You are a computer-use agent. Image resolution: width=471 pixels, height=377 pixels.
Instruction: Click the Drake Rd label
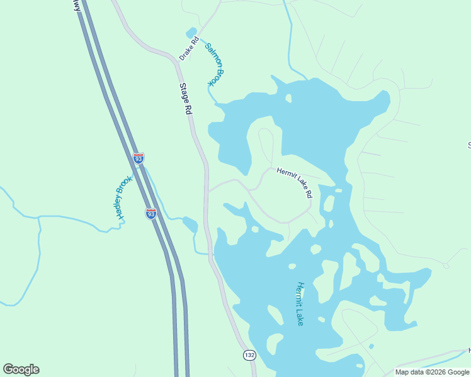[x=189, y=49]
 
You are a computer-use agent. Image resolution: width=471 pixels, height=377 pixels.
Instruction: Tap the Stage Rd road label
[x=185, y=99]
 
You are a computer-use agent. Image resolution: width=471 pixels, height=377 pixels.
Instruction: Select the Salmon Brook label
[x=215, y=64]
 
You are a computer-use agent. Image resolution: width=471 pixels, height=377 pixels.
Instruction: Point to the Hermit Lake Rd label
[x=294, y=183]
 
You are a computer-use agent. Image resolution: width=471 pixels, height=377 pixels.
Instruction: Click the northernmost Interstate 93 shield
[x=139, y=158]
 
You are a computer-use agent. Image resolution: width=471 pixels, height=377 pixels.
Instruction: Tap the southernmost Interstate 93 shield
[x=151, y=214]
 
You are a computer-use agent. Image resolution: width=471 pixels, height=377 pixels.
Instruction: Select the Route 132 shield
[x=250, y=356]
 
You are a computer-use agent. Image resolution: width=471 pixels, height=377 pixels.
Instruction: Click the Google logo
[x=21, y=369]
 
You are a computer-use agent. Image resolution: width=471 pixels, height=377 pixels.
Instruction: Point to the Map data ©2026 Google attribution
[x=432, y=372]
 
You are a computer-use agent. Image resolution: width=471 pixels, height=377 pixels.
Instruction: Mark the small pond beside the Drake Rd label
[x=191, y=33]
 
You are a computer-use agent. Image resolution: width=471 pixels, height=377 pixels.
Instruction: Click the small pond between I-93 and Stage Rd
[x=190, y=224]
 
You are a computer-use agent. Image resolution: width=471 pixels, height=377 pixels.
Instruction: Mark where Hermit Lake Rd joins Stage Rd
[x=207, y=190]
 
